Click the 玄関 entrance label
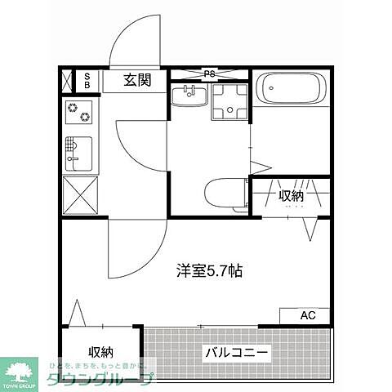(x=136, y=79)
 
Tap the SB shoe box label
(x=88, y=79)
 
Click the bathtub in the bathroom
(x=292, y=87)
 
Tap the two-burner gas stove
(x=80, y=113)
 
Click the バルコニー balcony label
(x=237, y=353)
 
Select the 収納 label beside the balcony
(x=100, y=352)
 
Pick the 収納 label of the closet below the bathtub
(x=292, y=195)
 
